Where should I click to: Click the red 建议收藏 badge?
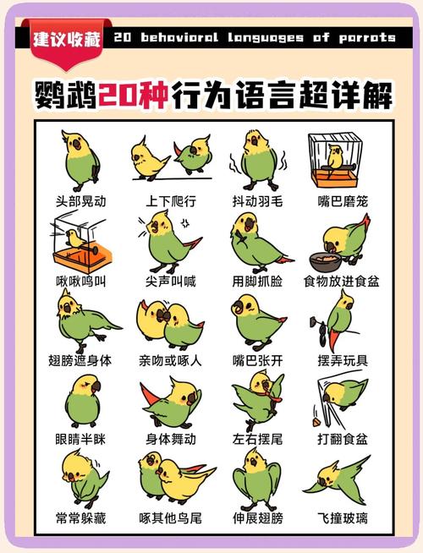(66, 39)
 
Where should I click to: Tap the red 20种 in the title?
(133, 94)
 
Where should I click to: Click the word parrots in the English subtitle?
(365, 37)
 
